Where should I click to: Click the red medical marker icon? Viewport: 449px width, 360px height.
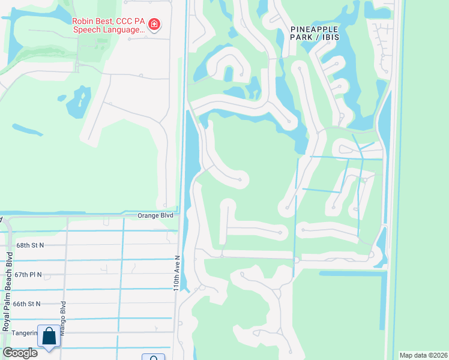tap(154, 25)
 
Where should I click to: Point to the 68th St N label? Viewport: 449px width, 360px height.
tap(30, 245)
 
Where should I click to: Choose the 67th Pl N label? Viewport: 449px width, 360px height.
tap(30, 274)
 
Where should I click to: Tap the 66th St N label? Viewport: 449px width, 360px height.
tap(28, 304)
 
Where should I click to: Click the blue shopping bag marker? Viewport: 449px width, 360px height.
tap(49, 337)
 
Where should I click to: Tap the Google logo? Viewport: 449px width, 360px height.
tap(20, 353)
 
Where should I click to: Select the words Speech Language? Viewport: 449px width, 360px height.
tap(109, 29)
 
